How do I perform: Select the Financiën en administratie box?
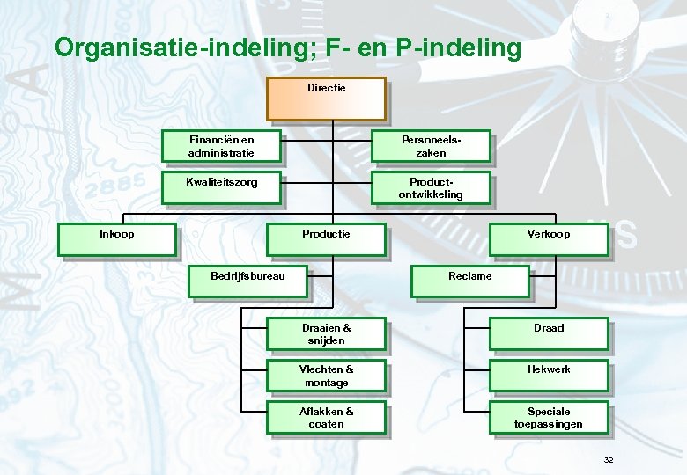[221, 147]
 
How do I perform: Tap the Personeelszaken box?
[431, 147]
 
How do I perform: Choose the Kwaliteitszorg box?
[221, 188]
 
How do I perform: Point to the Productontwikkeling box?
[431, 188]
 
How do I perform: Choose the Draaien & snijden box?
[326, 334]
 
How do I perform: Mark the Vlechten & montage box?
[326, 376]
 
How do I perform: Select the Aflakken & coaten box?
[326, 418]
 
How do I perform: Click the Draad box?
[548, 334]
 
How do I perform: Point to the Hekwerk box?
[548, 376]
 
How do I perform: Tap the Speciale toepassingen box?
[548, 418]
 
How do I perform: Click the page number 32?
[609, 460]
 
